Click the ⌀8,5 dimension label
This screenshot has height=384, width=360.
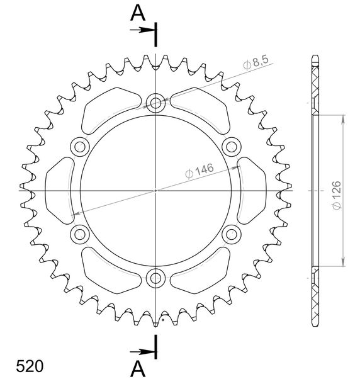(256, 62)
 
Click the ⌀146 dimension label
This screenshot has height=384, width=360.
(200, 171)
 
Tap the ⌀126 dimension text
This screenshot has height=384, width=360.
(337, 195)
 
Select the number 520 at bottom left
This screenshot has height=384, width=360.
(30, 366)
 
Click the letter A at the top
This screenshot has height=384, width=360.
(138, 13)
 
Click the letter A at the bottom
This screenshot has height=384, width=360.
(138, 369)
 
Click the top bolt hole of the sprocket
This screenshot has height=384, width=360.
(155, 103)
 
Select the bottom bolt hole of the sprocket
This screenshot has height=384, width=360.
(155, 278)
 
